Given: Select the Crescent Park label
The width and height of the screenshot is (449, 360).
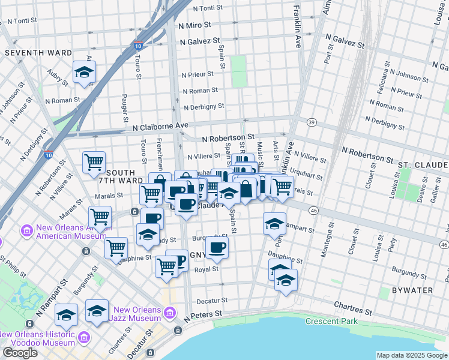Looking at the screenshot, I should (331, 321).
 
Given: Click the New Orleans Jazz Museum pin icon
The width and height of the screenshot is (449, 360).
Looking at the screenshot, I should (170, 313).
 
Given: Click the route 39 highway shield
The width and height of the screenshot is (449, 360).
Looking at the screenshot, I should (311, 122).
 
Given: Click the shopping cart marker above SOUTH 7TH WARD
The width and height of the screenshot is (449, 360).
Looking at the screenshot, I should (94, 162).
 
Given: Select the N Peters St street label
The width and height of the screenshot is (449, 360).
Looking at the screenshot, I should (203, 314).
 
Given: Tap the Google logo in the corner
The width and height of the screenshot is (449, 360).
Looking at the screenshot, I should (20, 353).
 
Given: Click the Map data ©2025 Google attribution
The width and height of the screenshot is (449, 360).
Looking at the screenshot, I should (412, 355).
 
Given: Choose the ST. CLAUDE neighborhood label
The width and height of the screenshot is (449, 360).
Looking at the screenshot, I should (423, 164).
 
